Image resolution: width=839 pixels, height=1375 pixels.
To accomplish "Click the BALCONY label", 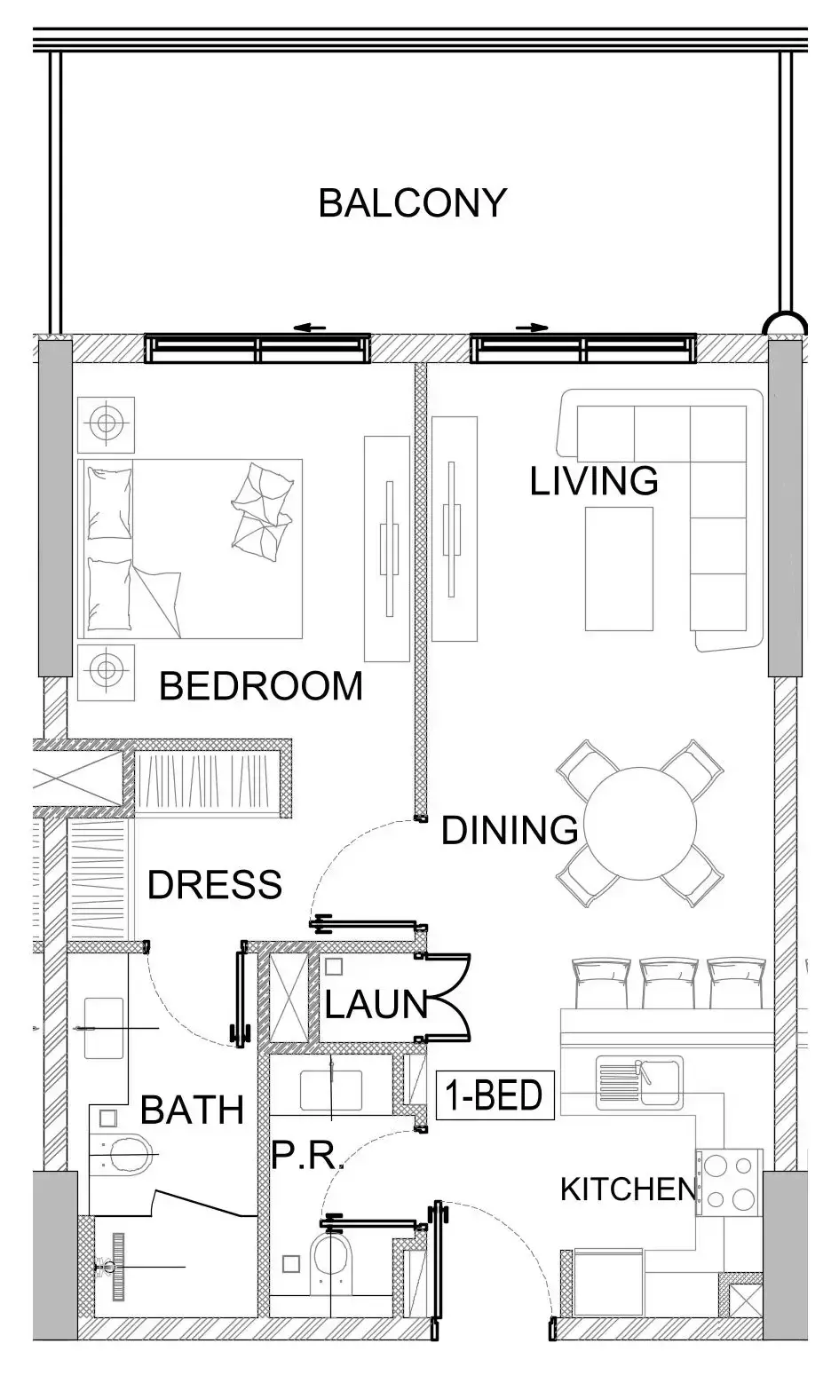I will point(412,203).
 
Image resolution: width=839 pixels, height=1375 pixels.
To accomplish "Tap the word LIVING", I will point(593,481).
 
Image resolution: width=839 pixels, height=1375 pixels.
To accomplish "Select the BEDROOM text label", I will point(260,686).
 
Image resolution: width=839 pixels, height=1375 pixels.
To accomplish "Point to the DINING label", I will point(510,831).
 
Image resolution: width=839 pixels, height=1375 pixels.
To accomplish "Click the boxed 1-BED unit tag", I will point(495,1095).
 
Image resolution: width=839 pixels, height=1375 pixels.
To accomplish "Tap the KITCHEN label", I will point(628,1189).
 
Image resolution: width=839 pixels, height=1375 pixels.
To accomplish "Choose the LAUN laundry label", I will point(376,1005).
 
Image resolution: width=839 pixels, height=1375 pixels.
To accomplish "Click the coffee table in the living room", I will point(619,568).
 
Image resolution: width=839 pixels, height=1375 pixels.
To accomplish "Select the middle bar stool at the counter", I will point(667,982).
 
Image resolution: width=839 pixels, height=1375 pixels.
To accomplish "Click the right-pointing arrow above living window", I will point(531,328).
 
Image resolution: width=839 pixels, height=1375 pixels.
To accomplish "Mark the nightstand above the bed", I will point(107,424).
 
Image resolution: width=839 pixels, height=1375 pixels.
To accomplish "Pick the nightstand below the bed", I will point(107,671).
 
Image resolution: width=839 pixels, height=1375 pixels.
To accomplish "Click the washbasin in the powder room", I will point(330,1090).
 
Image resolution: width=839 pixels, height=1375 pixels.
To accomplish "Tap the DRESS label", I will point(214,885).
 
